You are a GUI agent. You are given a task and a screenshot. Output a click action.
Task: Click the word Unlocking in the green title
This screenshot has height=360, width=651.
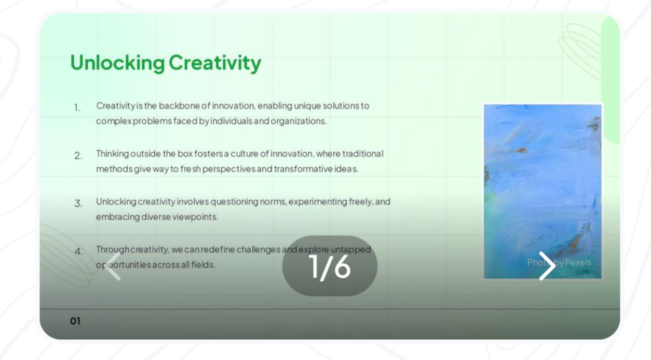coord(117,63)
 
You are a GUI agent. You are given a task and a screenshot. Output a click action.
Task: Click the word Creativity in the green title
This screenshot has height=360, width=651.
coord(215,63)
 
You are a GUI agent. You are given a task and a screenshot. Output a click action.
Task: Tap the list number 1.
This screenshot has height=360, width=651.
coord(77,108)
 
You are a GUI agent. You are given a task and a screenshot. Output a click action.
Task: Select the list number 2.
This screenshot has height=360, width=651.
coord(78,156)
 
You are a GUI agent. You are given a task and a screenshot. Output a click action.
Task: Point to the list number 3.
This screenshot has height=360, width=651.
coord(78,203)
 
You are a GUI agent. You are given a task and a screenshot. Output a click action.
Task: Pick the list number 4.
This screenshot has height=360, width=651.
coord(78,251)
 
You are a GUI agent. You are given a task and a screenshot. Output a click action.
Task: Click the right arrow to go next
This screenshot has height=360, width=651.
coord(547,266)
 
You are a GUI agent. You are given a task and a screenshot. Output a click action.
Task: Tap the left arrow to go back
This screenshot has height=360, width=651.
coord(113,266)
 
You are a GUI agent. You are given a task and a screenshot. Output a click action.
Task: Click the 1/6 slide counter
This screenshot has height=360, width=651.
coord(330,266)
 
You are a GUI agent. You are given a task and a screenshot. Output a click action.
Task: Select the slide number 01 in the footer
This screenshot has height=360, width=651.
coord(75,321)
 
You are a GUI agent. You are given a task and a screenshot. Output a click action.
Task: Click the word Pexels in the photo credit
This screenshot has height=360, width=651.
coord(578,262)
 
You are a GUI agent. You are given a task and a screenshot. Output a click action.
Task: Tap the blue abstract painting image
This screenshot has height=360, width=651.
coord(542,191)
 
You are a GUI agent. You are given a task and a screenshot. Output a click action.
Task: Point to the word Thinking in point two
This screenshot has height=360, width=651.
coord(113,154)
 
